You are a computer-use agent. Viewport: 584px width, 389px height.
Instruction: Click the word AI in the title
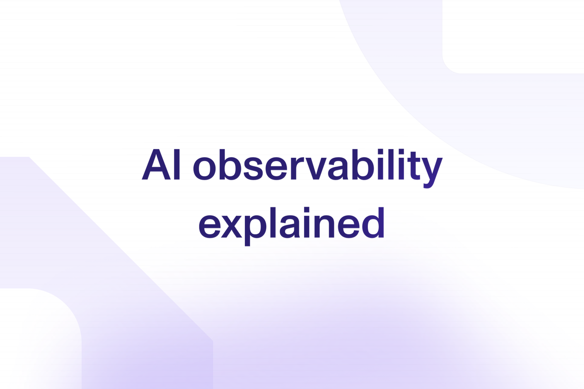(161, 165)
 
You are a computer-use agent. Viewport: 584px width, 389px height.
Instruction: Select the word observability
(317, 168)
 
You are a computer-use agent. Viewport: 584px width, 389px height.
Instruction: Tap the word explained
(292, 226)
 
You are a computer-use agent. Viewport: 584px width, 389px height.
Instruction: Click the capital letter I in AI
(177, 165)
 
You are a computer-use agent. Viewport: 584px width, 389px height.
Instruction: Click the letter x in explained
(231, 226)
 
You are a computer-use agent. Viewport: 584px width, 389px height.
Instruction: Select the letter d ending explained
(373, 223)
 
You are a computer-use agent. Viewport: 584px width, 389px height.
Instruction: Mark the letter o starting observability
(205, 168)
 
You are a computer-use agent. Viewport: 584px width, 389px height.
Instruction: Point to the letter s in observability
(253, 168)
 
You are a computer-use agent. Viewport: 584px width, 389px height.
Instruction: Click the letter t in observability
(411, 166)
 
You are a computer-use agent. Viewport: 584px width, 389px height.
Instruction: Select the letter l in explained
(274, 222)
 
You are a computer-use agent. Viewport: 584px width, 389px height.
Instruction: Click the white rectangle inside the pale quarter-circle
(513, 37)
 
